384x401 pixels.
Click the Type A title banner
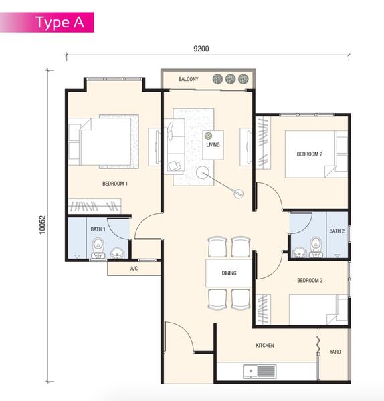pyautogui.click(x=47, y=22)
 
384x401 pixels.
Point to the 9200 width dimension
pyautogui.click(x=201, y=49)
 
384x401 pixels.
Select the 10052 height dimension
pyautogui.click(x=43, y=225)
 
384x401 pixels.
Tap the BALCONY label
pyautogui.click(x=189, y=79)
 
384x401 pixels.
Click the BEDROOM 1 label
pyautogui.click(x=115, y=184)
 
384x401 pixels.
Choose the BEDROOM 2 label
pyautogui.click(x=310, y=154)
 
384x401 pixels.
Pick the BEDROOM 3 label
pyautogui.click(x=310, y=280)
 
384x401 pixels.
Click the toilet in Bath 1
pyautogui.click(x=98, y=248)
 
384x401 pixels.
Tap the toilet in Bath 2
pyautogui.click(x=316, y=247)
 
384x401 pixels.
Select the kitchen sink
pyautogui.click(x=260, y=372)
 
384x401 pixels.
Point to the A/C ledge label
pyautogui.click(x=134, y=268)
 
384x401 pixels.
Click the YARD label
pyautogui.click(x=335, y=352)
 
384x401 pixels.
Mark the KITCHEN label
pyautogui.click(x=265, y=346)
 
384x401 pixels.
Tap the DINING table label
pyautogui.click(x=229, y=273)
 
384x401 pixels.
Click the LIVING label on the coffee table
pyautogui.click(x=213, y=145)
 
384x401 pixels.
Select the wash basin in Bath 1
pyautogui.click(x=118, y=253)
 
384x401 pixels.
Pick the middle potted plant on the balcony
pyautogui.click(x=230, y=79)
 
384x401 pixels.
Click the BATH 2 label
pyautogui.click(x=337, y=231)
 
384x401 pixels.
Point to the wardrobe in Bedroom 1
pyautogui.click(x=94, y=206)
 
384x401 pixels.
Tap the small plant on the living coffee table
pyautogui.click(x=208, y=136)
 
